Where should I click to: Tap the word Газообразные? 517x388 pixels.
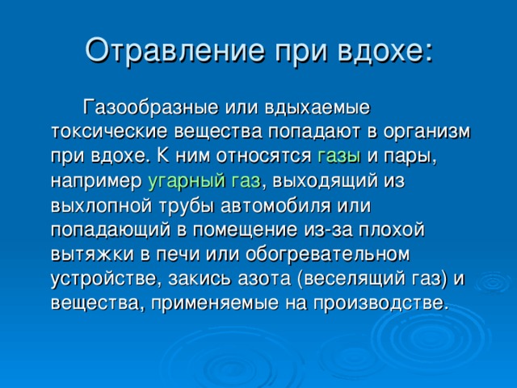[x=150, y=108]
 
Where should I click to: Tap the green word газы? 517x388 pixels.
[x=339, y=156]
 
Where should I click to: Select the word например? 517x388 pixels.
[x=96, y=182]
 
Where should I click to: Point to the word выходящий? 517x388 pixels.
[x=325, y=181]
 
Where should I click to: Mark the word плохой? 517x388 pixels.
[x=391, y=230]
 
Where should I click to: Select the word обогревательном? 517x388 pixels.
[x=327, y=254]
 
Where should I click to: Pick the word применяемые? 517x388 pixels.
[x=215, y=304]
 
